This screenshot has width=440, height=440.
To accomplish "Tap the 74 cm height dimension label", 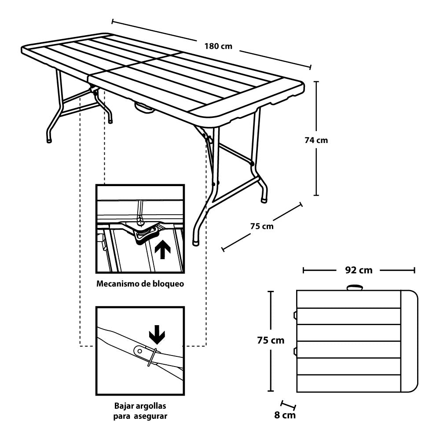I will pos(316,140).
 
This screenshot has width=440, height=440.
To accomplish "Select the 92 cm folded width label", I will pos(359,270).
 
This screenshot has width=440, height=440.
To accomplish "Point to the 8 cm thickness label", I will pos(285,415).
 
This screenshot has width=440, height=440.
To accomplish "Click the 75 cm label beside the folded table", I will pos(271,340).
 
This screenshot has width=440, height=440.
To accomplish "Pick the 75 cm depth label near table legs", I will pos(262,226).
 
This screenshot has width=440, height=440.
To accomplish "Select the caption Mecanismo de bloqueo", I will pos(140,284).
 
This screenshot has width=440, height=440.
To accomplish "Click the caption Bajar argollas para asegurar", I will pos(140,410).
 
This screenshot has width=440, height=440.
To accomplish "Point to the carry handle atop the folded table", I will pos(355,288).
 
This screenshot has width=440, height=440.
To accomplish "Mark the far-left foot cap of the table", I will pos(49,140).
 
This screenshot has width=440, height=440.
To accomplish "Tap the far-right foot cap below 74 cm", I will pos(264,199).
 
